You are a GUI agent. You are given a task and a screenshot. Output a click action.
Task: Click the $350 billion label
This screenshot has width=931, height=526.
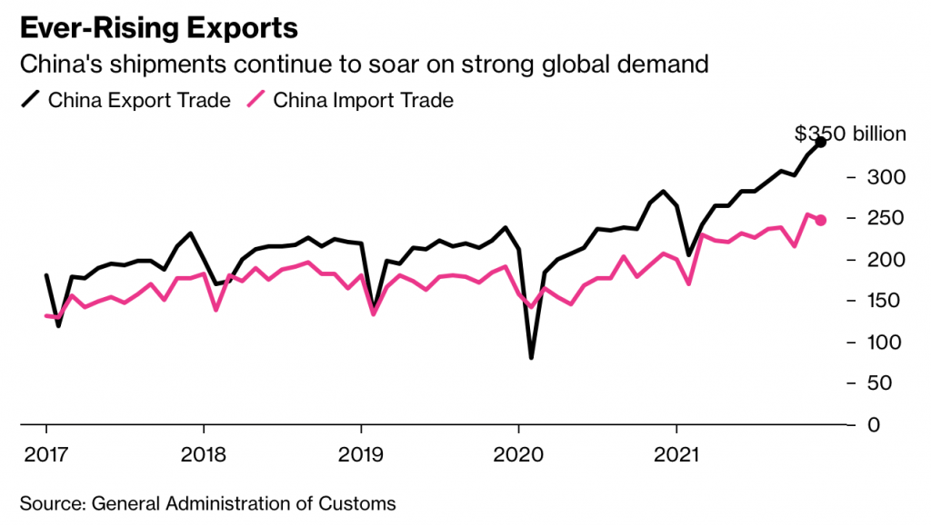pos(850,134)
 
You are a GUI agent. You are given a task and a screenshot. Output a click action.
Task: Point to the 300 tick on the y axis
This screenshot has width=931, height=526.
pos(888,177)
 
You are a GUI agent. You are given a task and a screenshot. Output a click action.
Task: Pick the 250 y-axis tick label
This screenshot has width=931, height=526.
pos(888,218)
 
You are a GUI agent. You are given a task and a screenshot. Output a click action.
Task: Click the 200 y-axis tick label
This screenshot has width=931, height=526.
pos(888,260)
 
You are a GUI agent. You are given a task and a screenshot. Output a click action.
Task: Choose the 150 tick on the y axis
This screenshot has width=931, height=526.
pos(888,301)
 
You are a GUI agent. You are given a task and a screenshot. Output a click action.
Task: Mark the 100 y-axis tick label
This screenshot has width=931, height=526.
pos(888,342)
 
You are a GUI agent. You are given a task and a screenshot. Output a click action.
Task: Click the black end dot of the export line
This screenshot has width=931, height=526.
pos(821,142)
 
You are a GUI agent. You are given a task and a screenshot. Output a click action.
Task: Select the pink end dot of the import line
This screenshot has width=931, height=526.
pos(821,220)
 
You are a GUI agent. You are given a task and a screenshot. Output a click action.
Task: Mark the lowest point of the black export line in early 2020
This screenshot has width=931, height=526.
pos(531,357)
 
